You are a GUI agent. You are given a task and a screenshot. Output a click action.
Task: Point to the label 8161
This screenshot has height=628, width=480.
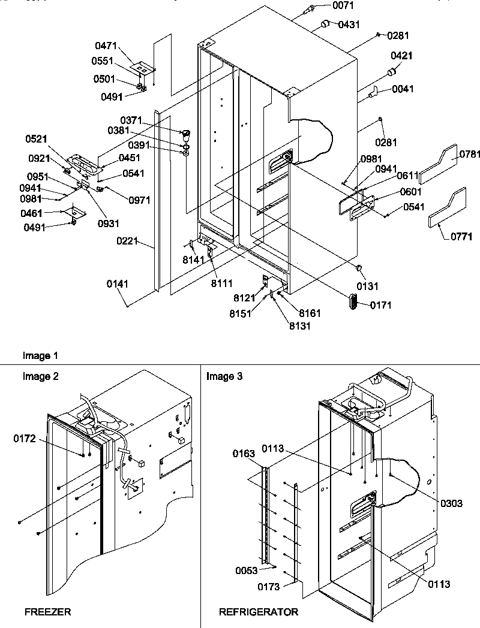coord(310,313)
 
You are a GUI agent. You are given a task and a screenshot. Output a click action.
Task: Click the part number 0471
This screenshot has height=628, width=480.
coord(105,46)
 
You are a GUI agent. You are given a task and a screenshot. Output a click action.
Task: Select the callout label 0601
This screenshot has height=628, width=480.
coord(395,192)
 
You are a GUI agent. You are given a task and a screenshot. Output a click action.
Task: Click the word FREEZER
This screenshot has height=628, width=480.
coord(47,612)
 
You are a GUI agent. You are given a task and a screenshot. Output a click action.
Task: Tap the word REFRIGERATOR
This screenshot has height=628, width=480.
coord(258,612)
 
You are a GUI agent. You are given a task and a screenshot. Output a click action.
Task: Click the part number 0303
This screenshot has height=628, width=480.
coord(451,503)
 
